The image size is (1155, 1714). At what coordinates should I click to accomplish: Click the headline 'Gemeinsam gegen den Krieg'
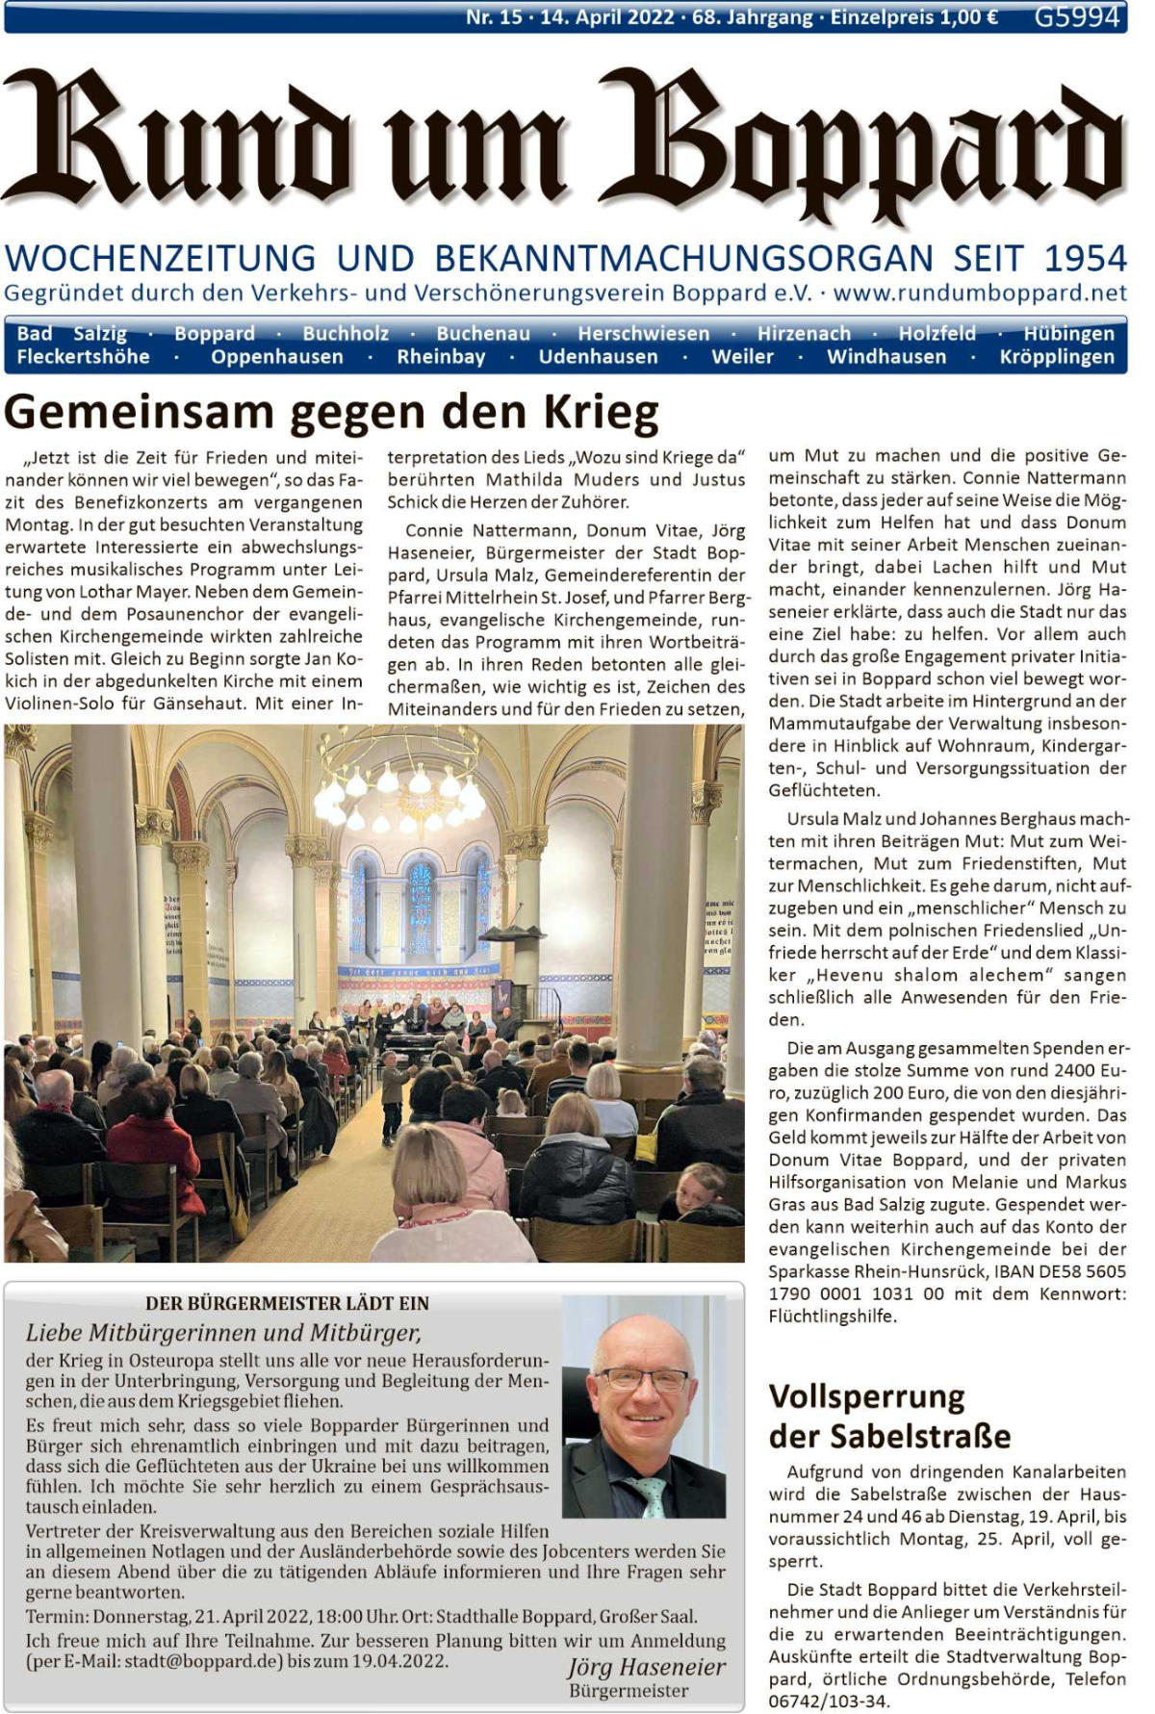pyautogui.click(x=331, y=412)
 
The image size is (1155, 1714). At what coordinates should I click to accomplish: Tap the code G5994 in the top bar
pyautogui.click(x=1077, y=16)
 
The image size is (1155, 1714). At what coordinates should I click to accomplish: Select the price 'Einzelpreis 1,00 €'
pyautogui.click(x=914, y=16)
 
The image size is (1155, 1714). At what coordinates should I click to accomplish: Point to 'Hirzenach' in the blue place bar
pyautogui.click(x=804, y=333)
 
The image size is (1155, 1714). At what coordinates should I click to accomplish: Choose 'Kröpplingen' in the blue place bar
pyautogui.click(x=1057, y=357)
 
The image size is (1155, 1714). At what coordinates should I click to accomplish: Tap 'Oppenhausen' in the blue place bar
pyautogui.click(x=277, y=357)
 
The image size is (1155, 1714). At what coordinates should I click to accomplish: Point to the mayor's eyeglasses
pyautogui.click(x=644, y=1379)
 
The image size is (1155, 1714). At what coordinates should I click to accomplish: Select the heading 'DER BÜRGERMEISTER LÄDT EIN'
pyautogui.click(x=287, y=1303)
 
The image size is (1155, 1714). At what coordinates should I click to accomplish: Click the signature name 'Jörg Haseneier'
pyautogui.click(x=646, y=1667)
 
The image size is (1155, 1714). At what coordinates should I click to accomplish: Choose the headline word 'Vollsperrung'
pyautogui.click(x=866, y=1395)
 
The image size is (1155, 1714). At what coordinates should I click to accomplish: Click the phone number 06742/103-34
pyautogui.click(x=828, y=1701)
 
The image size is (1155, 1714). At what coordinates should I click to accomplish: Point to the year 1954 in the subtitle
pyautogui.click(x=1086, y=258)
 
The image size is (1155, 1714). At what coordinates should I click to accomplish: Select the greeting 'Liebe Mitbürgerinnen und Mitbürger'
pyautogui.click(x=223, y=1333)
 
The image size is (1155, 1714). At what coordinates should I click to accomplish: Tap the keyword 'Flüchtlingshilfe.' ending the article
pyautogui.click(x=833, y=1316)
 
